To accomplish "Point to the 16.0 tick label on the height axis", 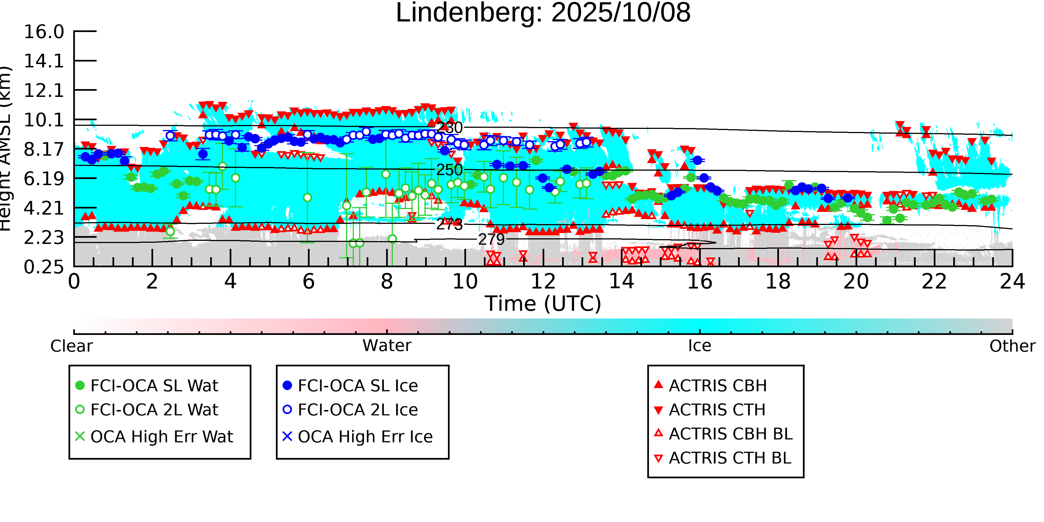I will pyautogui.click(x=44, y=32).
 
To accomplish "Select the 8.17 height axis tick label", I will pyautogui.click(x=44, y=150).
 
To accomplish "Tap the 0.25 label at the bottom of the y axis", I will pyautogui.click(x=44, y=267).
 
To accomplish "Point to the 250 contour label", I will pyautogui.click(x=449, y=170).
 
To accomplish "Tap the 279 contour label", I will pyautogui.click(x=491, y=239).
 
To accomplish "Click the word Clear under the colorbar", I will pyautogui.click(x=71, y=346).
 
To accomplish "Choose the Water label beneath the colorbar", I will pyautogui.click(x=387, y=346).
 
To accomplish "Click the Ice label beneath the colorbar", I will pyautogui.click(x=700, y=346).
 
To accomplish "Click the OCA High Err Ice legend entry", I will pyautogui.click(x=365, y=437).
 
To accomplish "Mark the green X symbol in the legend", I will pyautogui.click(x=80, y=437).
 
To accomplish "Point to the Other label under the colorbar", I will pyautogui.click(x=1012, y=346).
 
